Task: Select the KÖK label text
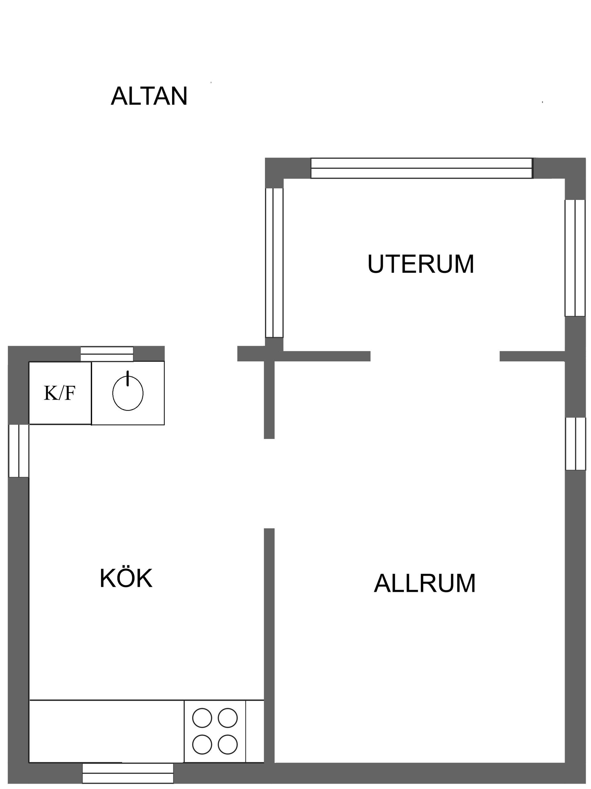coord(126,578)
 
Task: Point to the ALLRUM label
coord(424,583)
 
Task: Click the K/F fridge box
coord(60,393)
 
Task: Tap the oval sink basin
coord(128,393)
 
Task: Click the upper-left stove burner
coord(202,717)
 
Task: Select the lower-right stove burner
coord(228,744)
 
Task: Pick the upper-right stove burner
coord(228,717)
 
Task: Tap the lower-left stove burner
coord(202,744)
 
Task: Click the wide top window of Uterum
coord(421,168)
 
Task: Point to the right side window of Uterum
coord(575,257)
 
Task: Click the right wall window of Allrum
coord(575,443)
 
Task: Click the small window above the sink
coord(107,354)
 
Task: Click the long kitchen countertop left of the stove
coord(107,731)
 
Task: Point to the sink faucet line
coord(127,378)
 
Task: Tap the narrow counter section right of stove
coord(255,731)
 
